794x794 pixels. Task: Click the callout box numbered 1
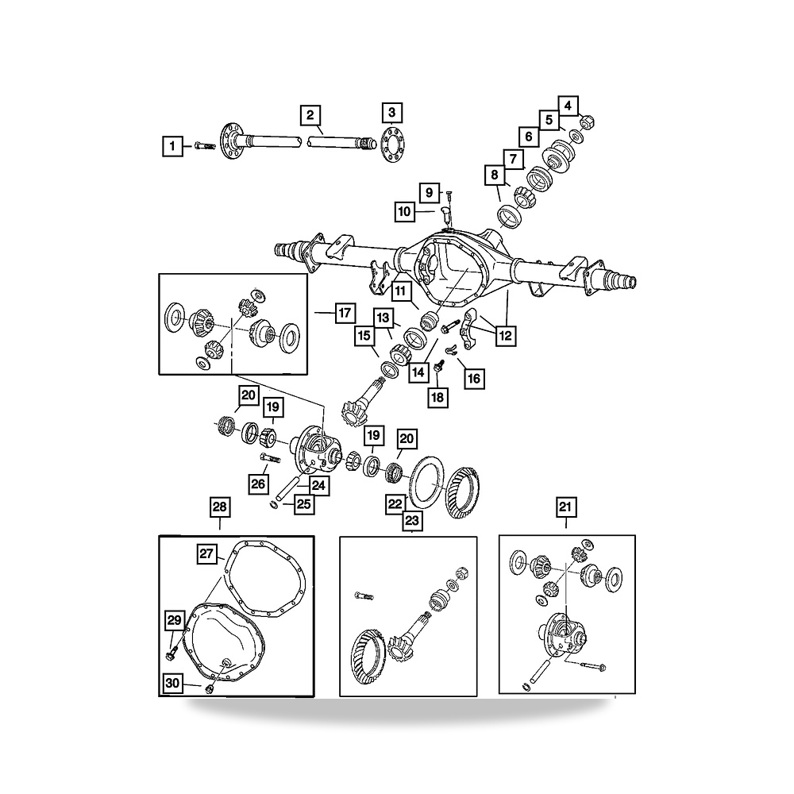(x=172, y=146)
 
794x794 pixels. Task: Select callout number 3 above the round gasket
(x=392, y=113)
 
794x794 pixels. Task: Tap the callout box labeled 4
(x=569, y=106)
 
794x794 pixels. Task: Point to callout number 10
(x=405, y=211)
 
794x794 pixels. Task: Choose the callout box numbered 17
(x=345, y=313)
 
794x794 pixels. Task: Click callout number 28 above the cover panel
(x=220, y=507)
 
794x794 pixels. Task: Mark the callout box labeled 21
(x=565, y=507)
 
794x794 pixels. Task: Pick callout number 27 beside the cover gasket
(x=206, y=553)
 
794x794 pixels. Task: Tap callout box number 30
(x=172, y=683)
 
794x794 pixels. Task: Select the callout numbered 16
(x=474, y=378)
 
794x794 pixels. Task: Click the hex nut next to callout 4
(x=587, y=121)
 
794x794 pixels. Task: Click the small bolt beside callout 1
(x=205, y=146)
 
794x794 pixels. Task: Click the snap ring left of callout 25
(x=274, y=504)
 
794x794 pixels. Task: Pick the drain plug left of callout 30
(x=209, y=689)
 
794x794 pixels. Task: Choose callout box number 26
(x=258, y=484)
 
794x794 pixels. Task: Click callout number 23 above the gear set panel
(x=412, y=520)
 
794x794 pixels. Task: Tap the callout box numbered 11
(x=400, y=291)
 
